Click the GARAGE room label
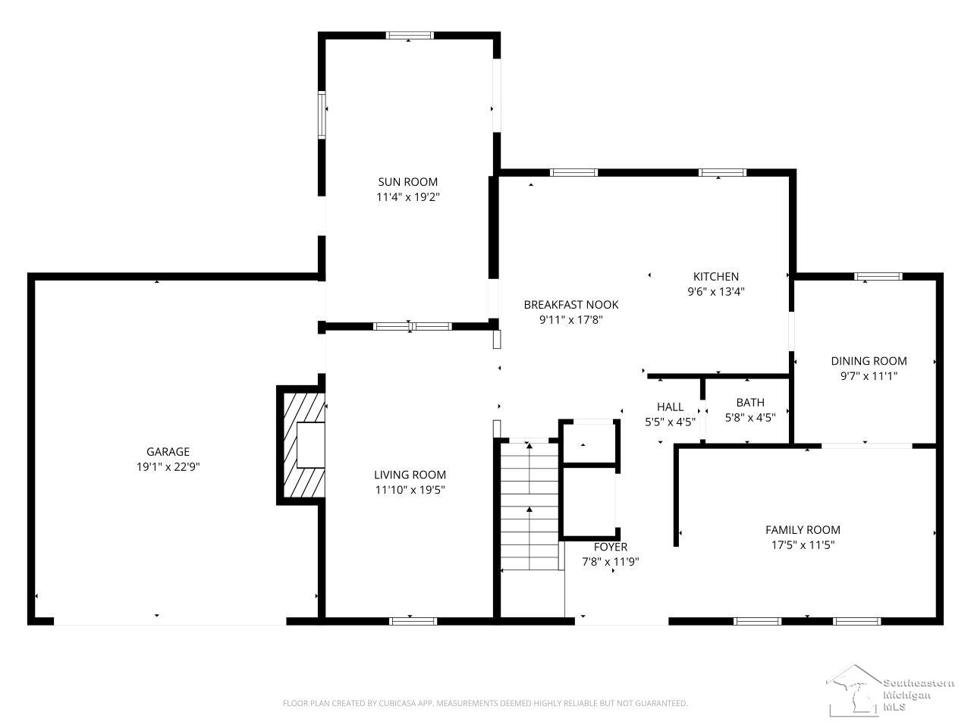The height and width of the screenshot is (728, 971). [168, 452]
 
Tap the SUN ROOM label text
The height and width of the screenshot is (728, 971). [408, 182]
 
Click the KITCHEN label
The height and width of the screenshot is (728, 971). [715, 277]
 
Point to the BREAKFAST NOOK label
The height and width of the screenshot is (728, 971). [571, 305]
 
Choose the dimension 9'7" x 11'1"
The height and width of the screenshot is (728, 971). [869, 375]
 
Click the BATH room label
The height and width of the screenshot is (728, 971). [750, 403]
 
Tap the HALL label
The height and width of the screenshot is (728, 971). [670, 407]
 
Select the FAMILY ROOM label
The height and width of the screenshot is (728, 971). [803, 530]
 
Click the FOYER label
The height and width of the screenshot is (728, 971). [610, 547]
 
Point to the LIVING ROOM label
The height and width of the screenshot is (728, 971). [410, 475]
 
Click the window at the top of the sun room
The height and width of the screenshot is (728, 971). [410, 35]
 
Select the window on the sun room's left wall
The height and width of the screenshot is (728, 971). [322, 115]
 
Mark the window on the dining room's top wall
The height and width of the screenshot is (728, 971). [878, 277]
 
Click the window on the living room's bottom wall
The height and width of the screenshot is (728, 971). [413, 621]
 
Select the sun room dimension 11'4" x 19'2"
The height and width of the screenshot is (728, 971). [408, 197]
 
